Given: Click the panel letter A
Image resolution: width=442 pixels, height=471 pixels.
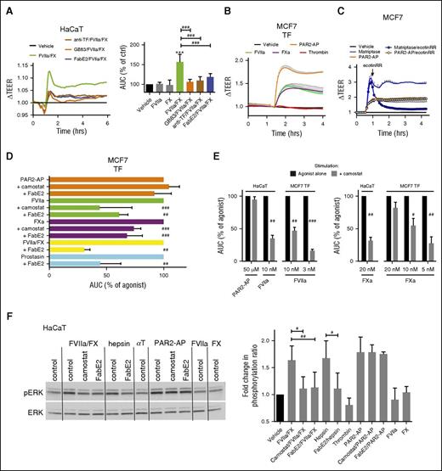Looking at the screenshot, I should click(x=7, y=8).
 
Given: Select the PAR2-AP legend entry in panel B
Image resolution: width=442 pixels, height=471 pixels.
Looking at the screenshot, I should click(x=289, y=40).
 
